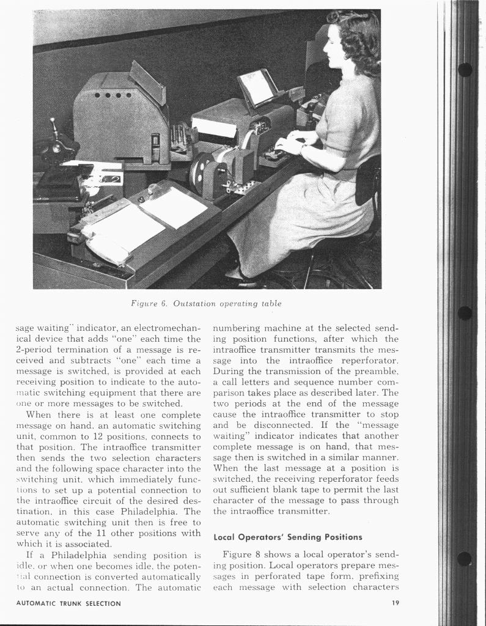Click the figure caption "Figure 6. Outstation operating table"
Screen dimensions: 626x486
[206, 304]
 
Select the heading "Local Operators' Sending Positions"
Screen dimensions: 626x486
[287, 537]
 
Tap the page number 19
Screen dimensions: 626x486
[396, 604]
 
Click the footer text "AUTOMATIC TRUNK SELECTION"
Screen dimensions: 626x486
[68, 604]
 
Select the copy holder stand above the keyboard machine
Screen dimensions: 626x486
[257, 87]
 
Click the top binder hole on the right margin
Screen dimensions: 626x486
[465, 70]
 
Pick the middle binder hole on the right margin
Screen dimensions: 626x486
[465, 313]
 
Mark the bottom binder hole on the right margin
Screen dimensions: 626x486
[465, 558]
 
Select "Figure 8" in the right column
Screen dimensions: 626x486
[242, 554]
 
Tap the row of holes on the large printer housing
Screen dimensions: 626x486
[114, 95]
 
